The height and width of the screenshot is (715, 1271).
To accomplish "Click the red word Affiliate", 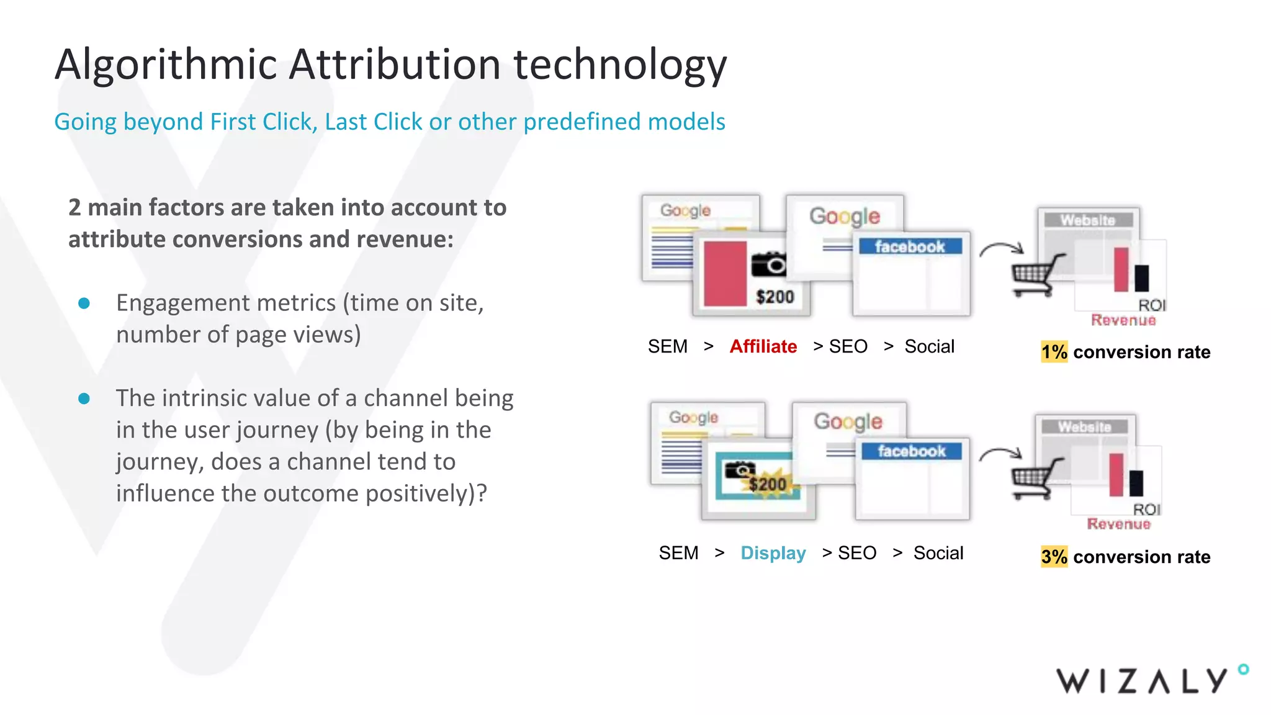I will pos(763,346).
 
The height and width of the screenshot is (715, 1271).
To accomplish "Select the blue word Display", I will pos(773,552).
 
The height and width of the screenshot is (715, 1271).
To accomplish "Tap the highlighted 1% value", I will pos(1054,352).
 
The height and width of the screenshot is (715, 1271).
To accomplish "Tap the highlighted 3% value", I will pos(1054,557).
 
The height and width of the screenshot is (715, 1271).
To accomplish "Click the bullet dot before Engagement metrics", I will pos(84,304).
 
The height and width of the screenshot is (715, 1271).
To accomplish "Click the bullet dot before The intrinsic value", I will pos(84,398).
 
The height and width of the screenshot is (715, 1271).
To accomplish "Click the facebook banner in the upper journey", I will pos(910,246).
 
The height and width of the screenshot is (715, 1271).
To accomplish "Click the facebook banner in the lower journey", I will pos(911,451).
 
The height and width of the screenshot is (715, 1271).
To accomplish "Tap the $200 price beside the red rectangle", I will pos(775,297).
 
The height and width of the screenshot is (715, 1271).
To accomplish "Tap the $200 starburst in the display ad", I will pos(767,483).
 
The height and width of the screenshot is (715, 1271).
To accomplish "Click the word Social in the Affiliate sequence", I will pos(929,346).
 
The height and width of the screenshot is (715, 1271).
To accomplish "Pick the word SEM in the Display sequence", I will pos(678,552).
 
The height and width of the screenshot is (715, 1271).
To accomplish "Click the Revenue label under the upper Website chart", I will pos(1123,320).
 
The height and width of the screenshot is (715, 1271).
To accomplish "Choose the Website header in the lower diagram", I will pos(1084,427).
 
